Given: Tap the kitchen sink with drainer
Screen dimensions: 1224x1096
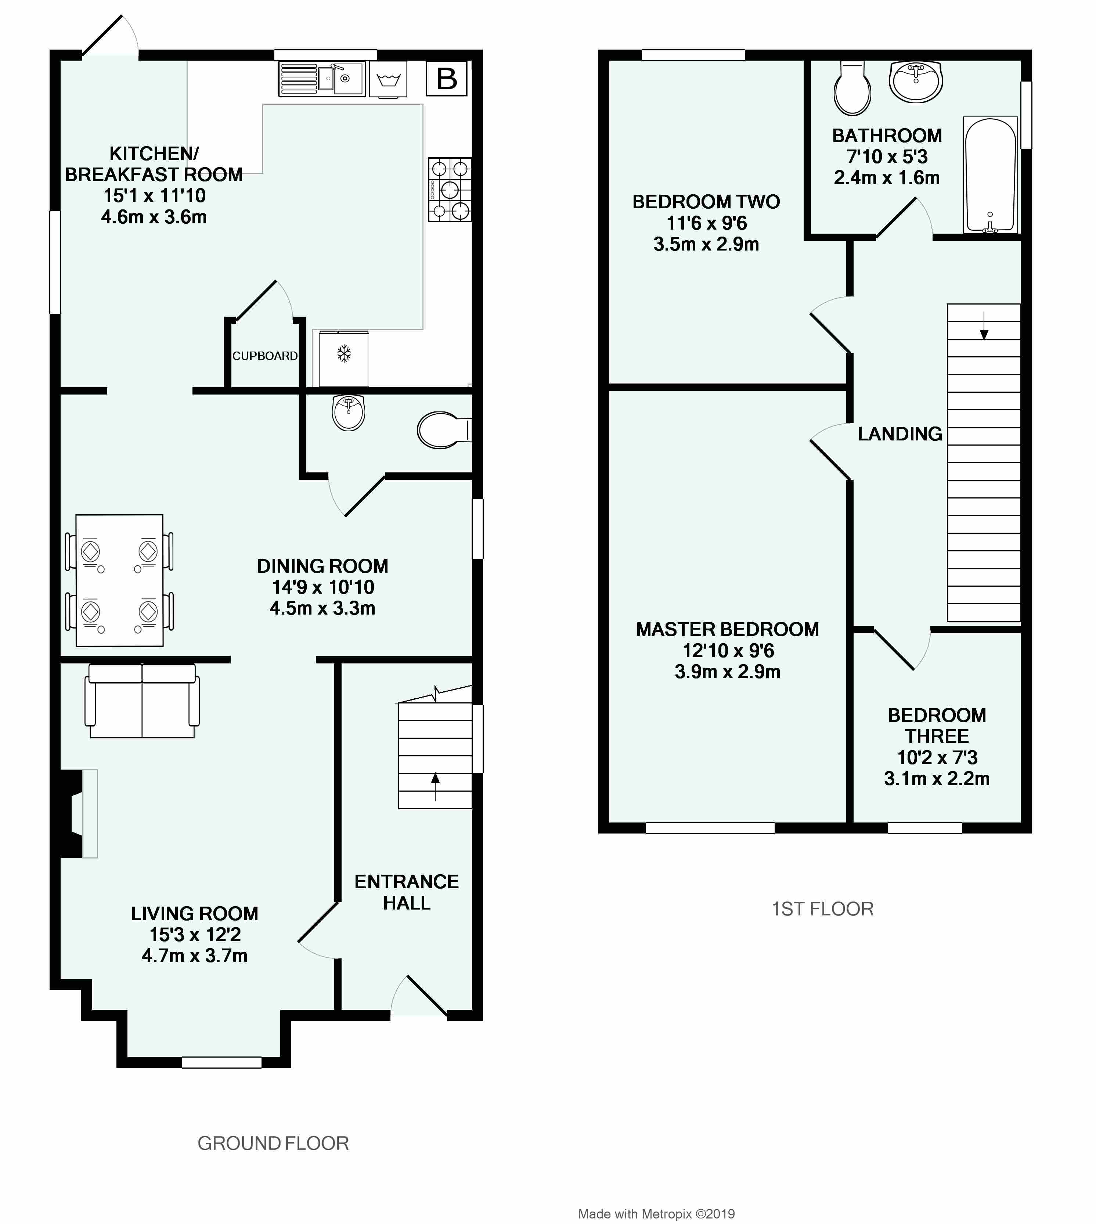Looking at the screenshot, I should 322,79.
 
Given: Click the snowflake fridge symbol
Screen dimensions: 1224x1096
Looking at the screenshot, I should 344,354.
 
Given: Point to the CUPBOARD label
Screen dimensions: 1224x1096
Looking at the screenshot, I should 265,356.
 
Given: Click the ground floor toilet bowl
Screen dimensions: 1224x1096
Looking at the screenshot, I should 443,430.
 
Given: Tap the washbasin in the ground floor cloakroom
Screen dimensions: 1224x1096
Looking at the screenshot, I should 349,413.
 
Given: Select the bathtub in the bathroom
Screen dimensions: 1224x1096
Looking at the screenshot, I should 990,175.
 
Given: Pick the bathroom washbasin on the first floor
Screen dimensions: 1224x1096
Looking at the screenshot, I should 915,82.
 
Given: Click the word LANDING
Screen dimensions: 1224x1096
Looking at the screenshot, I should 900,434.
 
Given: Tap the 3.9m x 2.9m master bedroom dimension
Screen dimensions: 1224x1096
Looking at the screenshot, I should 728,672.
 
